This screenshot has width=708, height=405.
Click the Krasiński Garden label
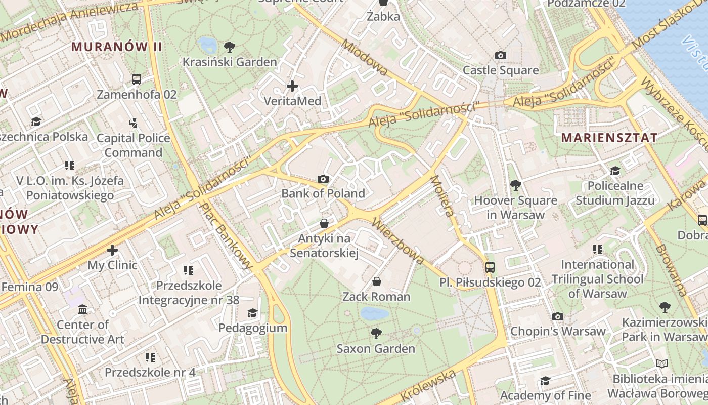click(230, 62)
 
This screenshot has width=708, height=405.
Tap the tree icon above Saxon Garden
click(376, 333)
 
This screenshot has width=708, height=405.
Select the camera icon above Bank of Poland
click(323, 179)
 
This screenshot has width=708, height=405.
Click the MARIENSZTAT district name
click(609, 137)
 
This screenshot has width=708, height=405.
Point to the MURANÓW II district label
click(116, 47)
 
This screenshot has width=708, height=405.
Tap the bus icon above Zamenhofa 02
click(137, 79)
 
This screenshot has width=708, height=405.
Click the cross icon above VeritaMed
click(292, 86)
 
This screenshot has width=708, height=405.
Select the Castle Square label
click(501, 70)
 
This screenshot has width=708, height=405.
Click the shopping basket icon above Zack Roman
click(376, 281)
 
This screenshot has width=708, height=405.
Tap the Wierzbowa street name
click(397, 241)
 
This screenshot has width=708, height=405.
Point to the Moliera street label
click(441, 196)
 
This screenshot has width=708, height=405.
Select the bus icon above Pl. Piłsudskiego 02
click(490, 267)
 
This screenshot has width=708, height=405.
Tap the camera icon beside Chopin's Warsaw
click(558, 317)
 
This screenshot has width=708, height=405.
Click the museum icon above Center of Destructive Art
click(82, 309)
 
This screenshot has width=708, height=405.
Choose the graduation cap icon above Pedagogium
click(252, 313)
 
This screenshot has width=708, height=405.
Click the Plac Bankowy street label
click(226, 235)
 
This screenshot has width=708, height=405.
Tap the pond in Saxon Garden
click(375, 314)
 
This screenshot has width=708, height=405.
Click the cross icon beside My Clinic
click(112, 250)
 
